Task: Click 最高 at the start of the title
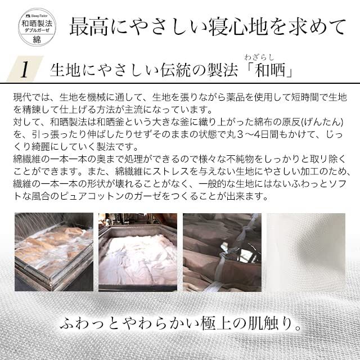(x=88, y=26)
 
